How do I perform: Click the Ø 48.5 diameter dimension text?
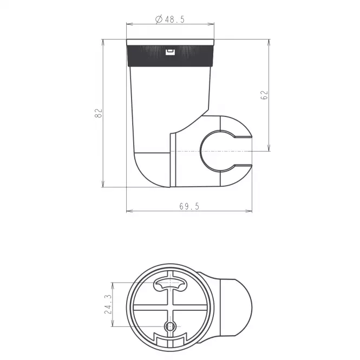pyautogui.click(x=170, y=19)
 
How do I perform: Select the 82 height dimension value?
pyautogui.click(x=99, y=113)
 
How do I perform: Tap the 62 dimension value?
pyautogui.click(x=264, y=95)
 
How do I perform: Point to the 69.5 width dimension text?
pyautogui.click(x=189, y=206)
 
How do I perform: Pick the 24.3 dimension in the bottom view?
pyautogui.click(x=108, y=304)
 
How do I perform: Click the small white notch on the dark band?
pyautogui.click(x=170, y=52)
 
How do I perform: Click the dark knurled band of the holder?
pyautogui.click(x=171, y=56)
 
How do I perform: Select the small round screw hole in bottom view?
pyautogui.click(x=170, y=326)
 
